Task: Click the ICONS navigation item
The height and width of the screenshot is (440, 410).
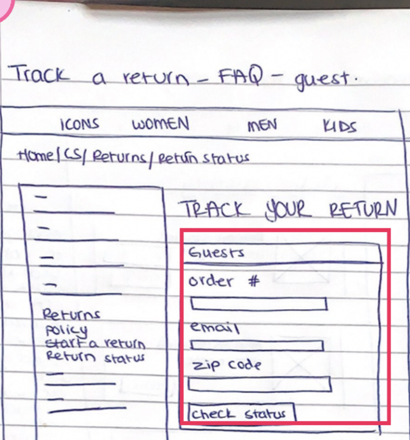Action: [79, 124]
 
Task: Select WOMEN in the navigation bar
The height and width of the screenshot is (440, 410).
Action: [161, 124]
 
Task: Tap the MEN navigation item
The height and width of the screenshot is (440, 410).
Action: [262, 125]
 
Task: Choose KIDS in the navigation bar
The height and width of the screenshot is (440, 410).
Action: [339, 127]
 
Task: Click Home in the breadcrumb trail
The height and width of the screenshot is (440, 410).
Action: [36, 155]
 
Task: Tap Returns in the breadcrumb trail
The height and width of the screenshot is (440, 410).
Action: [119, 157]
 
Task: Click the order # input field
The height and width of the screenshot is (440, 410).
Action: [259, 304]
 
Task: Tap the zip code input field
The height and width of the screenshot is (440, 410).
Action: [259, 384]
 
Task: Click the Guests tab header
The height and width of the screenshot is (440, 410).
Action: [217, 253]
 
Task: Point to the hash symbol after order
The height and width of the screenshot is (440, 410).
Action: [253, 281]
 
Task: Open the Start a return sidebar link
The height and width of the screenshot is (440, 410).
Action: [95, 344]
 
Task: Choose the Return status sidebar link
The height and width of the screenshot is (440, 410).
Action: [95, 357]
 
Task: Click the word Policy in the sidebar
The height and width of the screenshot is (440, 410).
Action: [66, 330]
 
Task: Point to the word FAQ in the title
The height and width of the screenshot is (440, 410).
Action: [241, 76]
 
